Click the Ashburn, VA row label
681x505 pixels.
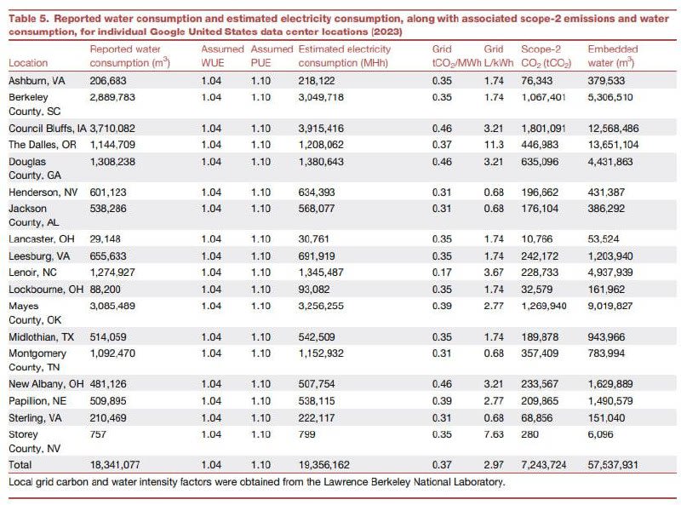coord(37,81)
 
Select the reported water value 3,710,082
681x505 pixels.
coord(112,129)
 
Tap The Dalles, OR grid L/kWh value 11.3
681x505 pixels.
coord(494,145)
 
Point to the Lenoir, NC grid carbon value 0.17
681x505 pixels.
coord(442,273)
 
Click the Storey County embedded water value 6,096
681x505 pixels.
coord(601,434)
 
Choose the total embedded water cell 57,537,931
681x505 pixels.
coord(613,465)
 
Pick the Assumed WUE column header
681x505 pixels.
coord(222,56)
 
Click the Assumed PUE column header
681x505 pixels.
coord(272,56)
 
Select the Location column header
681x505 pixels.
coord(28,63)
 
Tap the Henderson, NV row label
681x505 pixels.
coord(43,192)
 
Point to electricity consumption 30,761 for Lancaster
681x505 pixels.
coord(313,239)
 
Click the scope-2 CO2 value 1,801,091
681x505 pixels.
coord(543,129)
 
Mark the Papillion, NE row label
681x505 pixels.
coord(37,401)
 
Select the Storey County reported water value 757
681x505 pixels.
coord(98,434)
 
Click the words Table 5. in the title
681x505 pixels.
coord(29,19)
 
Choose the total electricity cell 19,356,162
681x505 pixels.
coord(324,465)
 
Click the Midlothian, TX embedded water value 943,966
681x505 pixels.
coord(606,337)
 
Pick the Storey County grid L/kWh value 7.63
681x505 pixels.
coord(494,434)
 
